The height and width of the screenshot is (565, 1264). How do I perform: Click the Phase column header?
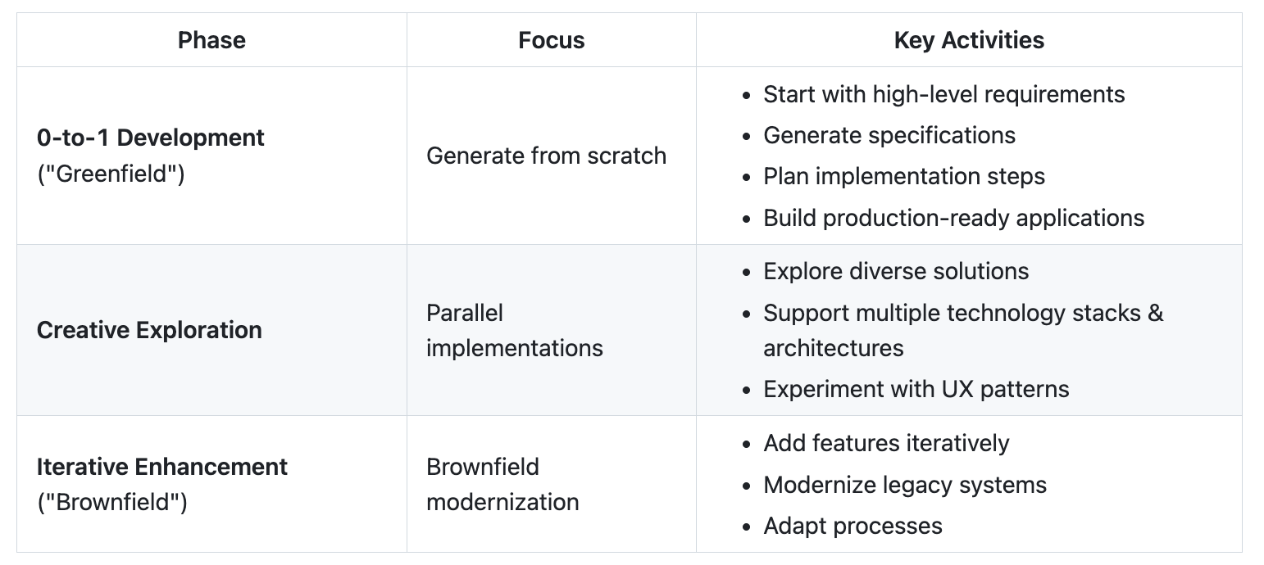coord(211,41)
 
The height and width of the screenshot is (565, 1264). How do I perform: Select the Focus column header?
coord(552,41)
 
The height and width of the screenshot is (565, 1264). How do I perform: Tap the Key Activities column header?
coord(969,41)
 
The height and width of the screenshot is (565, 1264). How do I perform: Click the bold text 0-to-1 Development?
coord(151,138)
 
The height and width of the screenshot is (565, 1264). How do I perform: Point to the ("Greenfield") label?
coord(111,174)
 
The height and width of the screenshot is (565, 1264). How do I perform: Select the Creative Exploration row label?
coord(149,331)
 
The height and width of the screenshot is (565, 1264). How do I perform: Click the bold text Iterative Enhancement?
coord(162,467)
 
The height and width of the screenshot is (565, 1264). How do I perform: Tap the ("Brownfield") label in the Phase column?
coord(112,503)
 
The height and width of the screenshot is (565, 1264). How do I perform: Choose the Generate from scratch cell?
coord(546,156)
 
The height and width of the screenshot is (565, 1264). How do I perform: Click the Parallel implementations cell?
coord(515,331)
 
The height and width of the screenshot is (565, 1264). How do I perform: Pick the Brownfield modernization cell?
coord(502,485)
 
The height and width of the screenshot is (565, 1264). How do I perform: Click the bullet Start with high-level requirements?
coord(944,95)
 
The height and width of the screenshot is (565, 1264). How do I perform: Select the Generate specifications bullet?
coord(889,135)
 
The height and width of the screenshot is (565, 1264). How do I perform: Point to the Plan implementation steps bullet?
coord(904,177)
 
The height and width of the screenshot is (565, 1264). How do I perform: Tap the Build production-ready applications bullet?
coord(953,218)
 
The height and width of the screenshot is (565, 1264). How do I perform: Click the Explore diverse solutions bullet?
coord(896,271)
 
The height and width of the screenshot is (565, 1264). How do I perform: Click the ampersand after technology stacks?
coord(1156,313)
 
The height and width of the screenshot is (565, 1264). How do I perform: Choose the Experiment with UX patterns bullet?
coord(916,389)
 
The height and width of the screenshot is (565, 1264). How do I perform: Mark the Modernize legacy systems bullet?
coord(905,485)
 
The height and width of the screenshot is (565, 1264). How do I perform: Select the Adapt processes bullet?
coord(853,526)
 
